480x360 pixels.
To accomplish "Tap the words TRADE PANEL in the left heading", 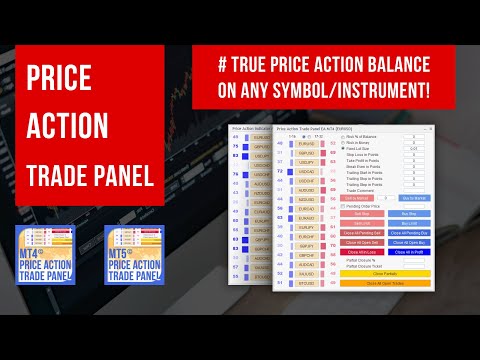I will [x=84, y=176].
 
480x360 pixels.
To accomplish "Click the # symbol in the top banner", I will [x=220, y=65].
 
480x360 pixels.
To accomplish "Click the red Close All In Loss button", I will [x=362, y=251].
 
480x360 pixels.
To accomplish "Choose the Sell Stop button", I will [x=362, y=213].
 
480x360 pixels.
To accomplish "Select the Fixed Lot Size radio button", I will [x=344, y=147].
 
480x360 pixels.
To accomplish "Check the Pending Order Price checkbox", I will [x=344, y=205].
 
